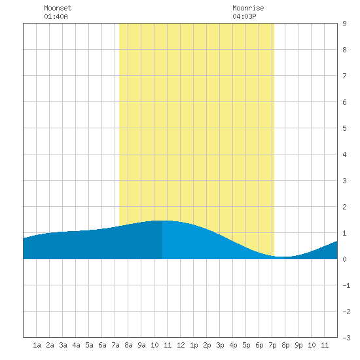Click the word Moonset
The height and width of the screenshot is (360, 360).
coord(58,8)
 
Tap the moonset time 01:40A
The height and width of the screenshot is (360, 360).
coord(56,16)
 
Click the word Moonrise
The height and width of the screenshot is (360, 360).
coord(248,8)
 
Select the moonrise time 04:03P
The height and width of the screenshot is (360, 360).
coord(244,16)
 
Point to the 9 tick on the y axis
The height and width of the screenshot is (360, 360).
coord(344,24)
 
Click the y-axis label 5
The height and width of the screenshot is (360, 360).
coord(344,128)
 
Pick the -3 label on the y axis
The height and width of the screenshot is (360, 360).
coord(346,338)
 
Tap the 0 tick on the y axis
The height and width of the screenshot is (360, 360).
coord(344,259)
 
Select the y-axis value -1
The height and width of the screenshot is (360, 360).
coord(346,285)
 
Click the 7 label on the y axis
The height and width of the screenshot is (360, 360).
coord(344,76)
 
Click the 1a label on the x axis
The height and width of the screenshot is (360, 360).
coord(37,345)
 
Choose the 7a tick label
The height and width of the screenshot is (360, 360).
coord(115,345)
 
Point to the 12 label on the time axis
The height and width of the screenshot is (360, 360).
coord(181,345)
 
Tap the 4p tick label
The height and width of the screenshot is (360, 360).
coord(233,345)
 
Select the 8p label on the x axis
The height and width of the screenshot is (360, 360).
coord(285,345)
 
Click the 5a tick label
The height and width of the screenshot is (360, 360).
coord(89,345)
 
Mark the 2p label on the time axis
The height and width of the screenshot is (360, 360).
coord(207,345)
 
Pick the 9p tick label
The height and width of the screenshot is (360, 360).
coord(298,345)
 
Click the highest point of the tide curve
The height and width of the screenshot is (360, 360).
coord(164,221)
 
